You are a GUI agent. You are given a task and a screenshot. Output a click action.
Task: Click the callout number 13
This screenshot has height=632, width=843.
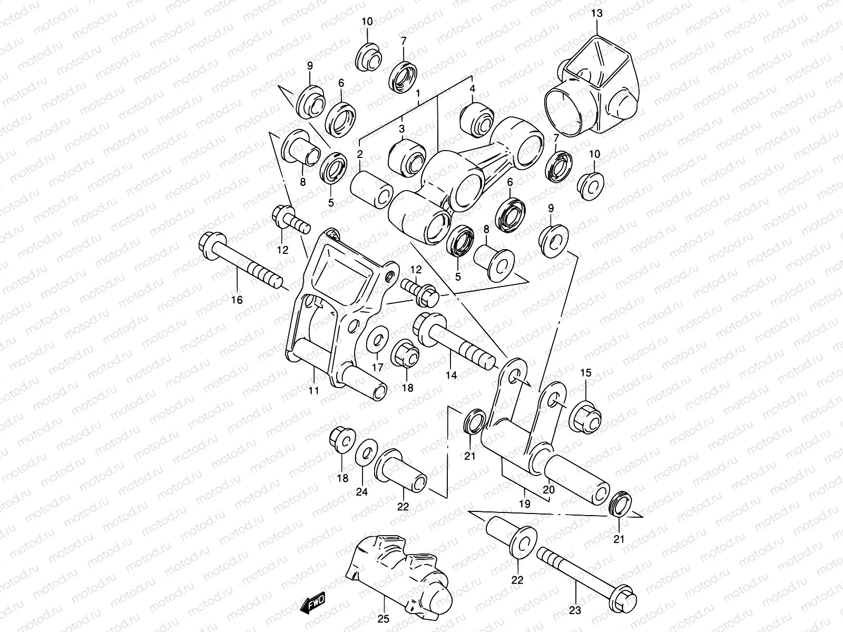pos(596,14)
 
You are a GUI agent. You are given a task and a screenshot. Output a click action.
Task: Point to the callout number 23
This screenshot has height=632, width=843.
pos(575,611)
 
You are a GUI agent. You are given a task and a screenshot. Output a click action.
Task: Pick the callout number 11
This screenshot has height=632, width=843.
pos(314,390)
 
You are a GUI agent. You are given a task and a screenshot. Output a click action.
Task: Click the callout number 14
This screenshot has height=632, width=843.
pos(451,376)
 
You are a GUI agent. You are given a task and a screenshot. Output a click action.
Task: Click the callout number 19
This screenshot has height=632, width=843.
pos(524,504)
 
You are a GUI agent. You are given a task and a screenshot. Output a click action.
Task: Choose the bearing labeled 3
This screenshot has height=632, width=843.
pos(407,157)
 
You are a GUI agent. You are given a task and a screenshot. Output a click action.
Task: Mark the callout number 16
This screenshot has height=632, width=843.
pos(237,300)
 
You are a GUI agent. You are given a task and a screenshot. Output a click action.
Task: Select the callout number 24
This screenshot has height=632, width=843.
pos(361,492)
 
